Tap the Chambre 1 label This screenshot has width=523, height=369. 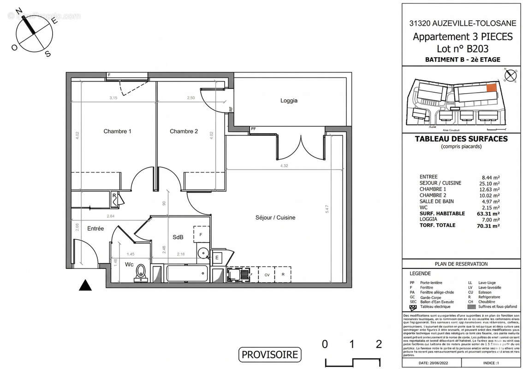coord(117,131)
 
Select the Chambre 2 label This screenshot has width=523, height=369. coord(184,131)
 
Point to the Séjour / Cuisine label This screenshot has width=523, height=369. coord(276,218)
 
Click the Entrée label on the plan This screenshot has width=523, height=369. coord(95,229)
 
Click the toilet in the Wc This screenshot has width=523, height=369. coord(141,274)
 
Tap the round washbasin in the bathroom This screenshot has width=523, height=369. coord(202,253)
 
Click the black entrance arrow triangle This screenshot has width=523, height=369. coord(84,286)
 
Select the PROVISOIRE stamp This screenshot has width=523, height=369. coord(270,355)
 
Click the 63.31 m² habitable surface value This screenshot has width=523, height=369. coord(490,214)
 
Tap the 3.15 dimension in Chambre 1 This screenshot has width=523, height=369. coord(113,98)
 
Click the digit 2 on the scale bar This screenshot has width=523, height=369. coord(379,344)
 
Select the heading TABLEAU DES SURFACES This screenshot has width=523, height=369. coord(461,139)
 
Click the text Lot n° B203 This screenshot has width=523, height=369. coord(462,48)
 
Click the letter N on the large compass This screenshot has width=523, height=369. coord(19,11)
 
